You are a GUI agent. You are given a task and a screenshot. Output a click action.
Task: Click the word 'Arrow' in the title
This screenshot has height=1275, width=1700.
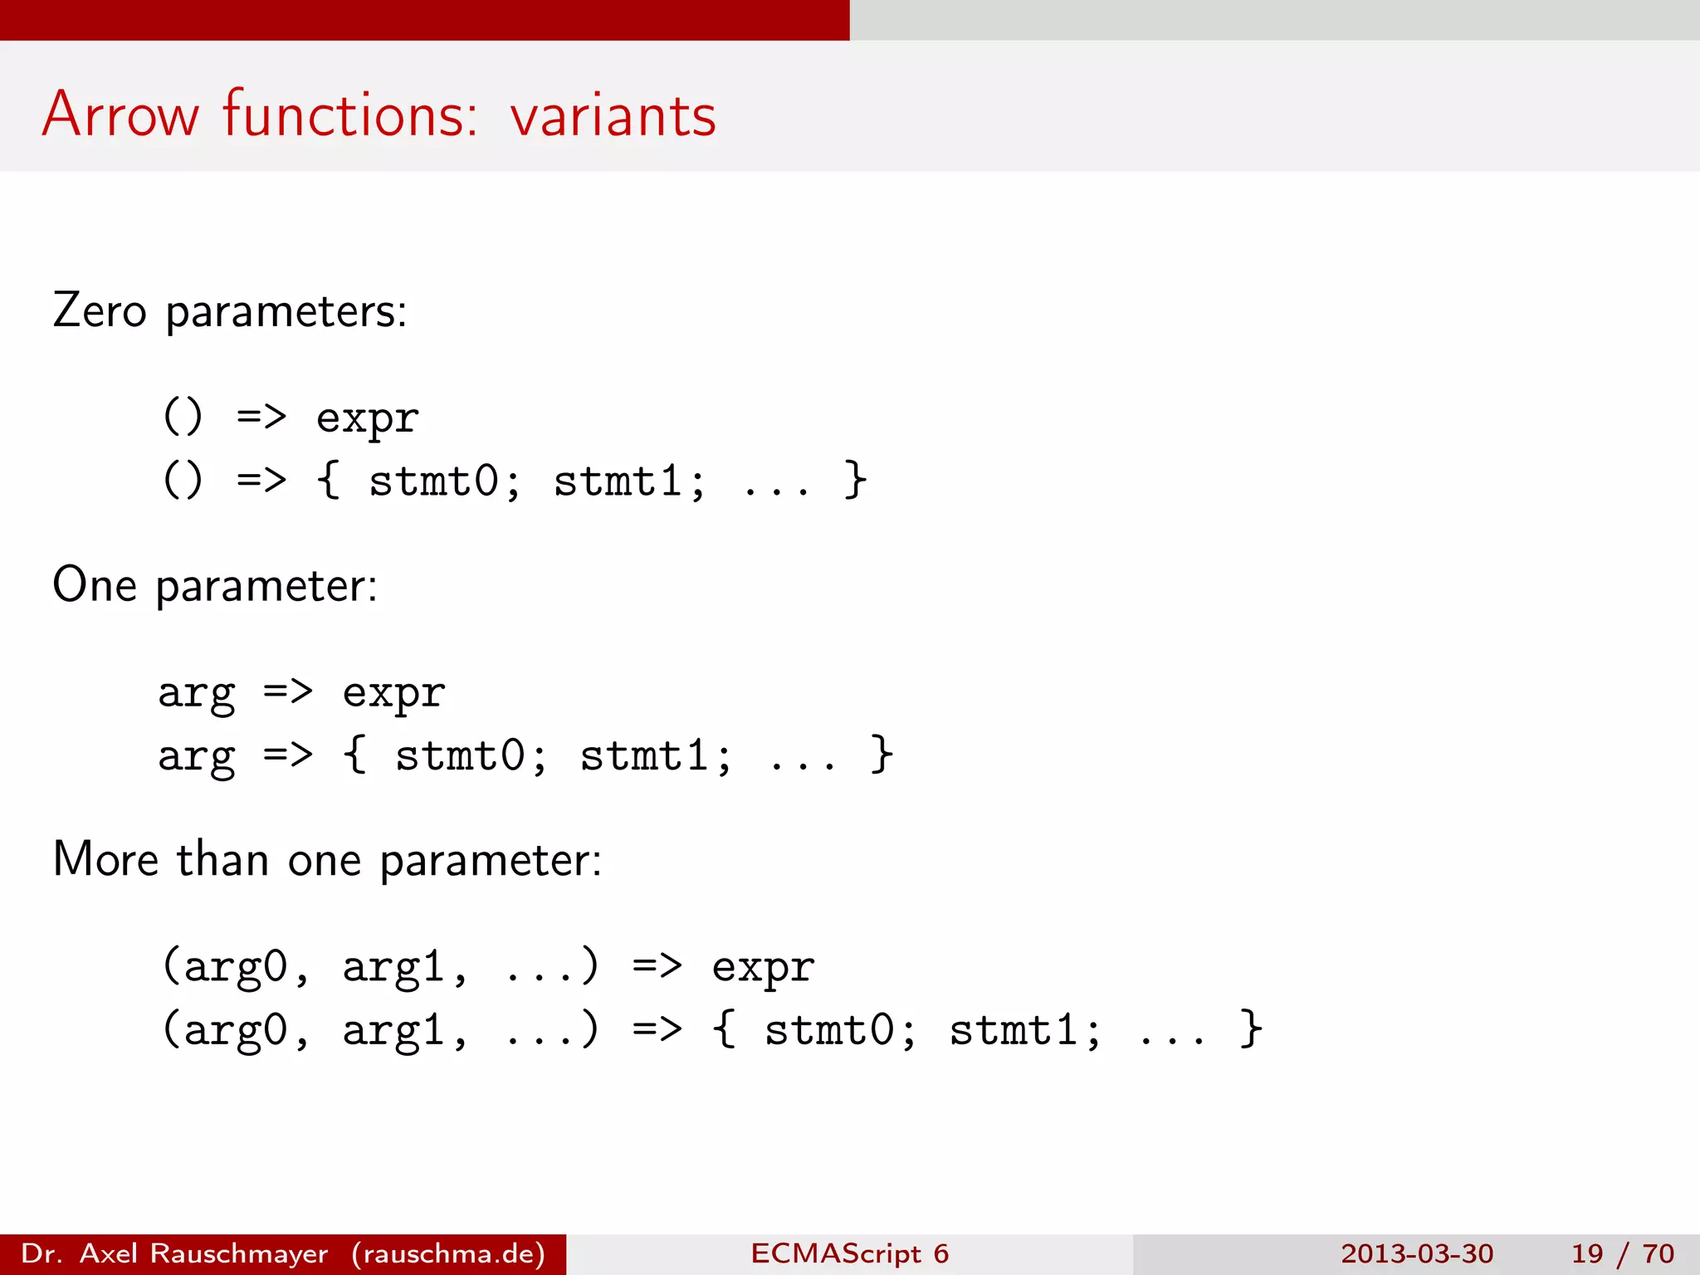coord(120,115)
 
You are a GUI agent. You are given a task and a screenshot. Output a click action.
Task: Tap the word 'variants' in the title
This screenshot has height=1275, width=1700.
coord(613,115)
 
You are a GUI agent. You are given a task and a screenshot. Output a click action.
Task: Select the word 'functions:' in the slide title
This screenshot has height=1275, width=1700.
coord(350,115)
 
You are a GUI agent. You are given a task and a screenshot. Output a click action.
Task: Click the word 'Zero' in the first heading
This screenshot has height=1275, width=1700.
coord(99,311)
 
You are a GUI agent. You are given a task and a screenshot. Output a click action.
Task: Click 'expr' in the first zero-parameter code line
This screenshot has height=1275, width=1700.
coord(367,418)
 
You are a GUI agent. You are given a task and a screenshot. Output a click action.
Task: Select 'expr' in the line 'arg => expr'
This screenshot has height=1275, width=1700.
coord(393,693)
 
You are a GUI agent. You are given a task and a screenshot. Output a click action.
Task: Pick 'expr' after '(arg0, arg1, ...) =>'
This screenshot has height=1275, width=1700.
coord(763,967)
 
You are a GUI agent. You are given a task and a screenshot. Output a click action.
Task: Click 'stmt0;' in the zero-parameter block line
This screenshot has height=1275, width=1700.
coord(445,481)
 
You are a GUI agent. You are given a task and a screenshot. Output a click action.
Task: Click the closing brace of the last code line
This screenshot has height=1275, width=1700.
coord(1250,1030)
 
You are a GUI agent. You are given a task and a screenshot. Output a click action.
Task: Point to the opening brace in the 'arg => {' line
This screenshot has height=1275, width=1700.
coord(354,755)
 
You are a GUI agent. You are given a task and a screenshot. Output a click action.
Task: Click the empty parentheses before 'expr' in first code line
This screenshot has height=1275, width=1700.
coord(183,417)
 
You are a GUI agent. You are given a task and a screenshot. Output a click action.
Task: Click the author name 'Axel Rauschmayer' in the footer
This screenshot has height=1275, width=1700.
coord(204,1253)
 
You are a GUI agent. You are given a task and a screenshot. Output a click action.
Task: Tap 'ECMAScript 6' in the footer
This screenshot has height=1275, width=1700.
coord(849,1253)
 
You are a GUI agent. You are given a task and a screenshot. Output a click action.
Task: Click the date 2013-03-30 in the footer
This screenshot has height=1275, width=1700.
coord(1416,1253)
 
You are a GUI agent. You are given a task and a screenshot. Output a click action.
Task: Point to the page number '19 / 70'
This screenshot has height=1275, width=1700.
coord(1622,1253)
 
